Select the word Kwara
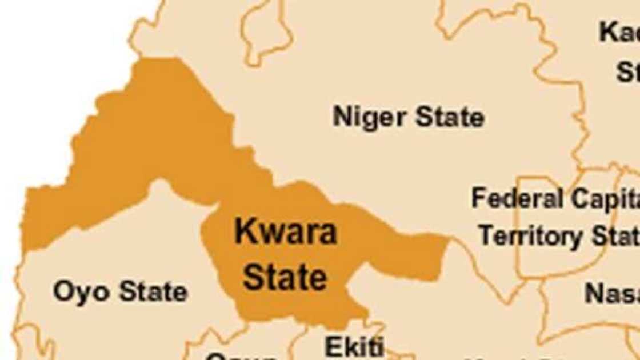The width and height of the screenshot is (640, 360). click(286, 232)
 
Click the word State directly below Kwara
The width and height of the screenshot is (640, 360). click(285, 277)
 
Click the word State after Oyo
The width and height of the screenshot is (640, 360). click(153, 292)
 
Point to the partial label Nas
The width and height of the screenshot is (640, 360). click(611, 293)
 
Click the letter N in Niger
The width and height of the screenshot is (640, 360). click(342, 117)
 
